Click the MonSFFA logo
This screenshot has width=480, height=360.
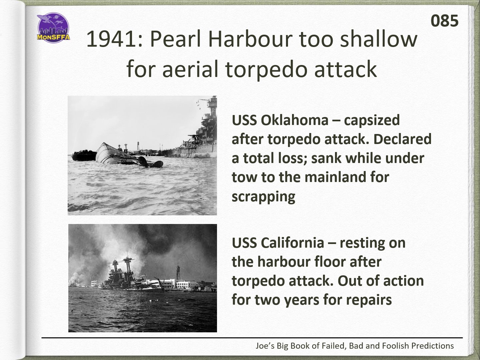[53, 28]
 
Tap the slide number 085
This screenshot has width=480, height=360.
[444, 21]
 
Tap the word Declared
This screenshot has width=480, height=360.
[403, 139]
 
